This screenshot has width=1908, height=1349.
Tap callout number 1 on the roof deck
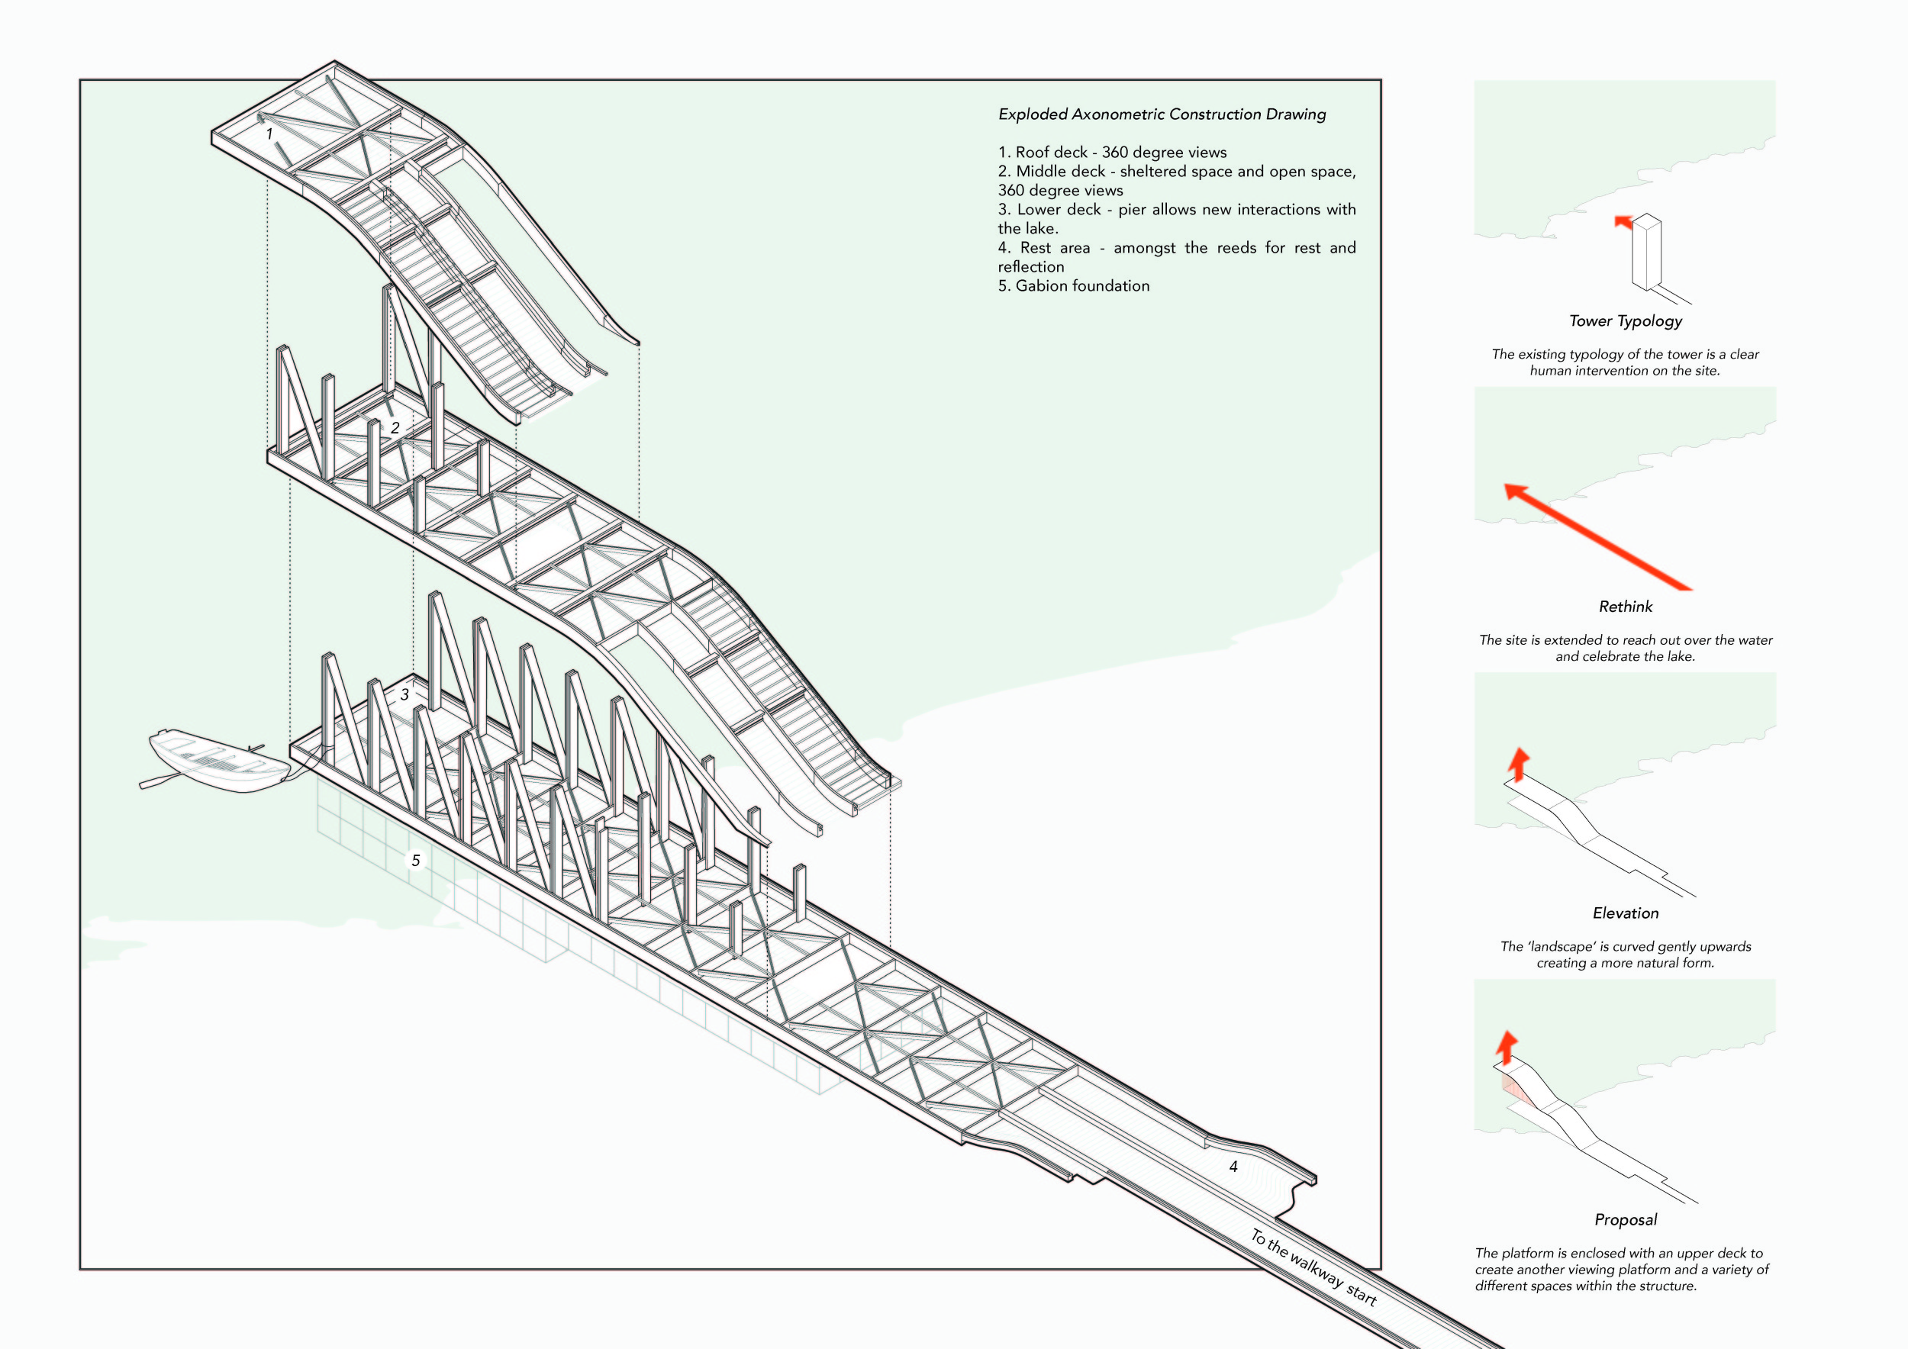(269, 134)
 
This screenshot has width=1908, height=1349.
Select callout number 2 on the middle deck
(395, 428)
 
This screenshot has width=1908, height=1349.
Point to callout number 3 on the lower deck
(404, 694)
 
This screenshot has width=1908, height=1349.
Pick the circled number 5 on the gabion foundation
(415, 861)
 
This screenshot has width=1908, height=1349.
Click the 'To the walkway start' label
(1313, 1267)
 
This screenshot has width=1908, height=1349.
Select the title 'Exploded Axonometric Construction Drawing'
(1162, 114)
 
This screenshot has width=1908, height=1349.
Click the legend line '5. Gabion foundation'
(1074, 286)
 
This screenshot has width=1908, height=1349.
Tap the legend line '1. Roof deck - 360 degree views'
(1112, 152)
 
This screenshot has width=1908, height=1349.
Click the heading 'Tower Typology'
(1626, 320)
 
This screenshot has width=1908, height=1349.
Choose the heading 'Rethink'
(1626, 607)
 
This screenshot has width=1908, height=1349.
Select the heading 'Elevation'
(1626, 913)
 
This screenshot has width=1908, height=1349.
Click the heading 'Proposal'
(1626, 1219)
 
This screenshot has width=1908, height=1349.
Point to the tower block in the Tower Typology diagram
(1646, 253)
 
